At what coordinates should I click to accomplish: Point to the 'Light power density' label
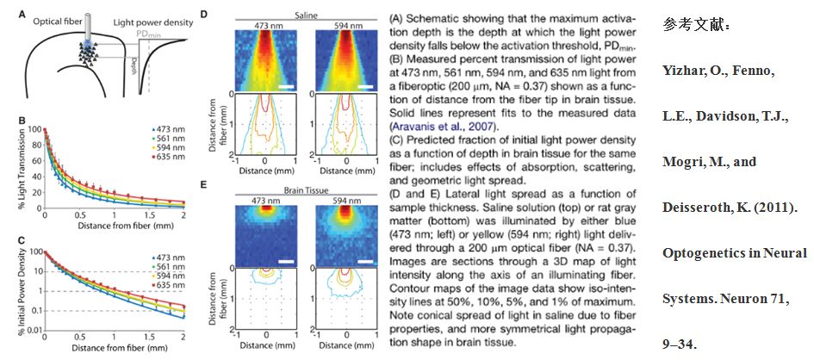click(152, 23)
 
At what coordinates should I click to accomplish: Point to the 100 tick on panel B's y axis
click(35, 130)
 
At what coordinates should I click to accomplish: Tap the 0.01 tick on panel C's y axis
click(34, 330)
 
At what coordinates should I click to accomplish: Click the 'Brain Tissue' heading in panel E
click(306, 189)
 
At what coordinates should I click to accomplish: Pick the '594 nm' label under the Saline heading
click(347, 25)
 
